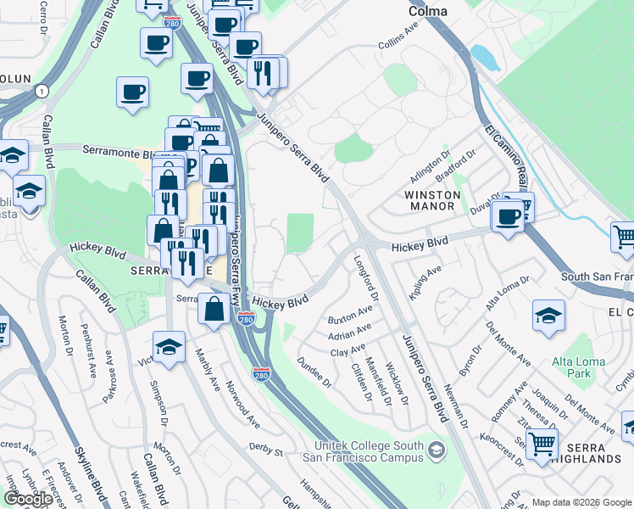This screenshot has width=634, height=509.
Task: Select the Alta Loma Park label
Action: (x=578, y=367)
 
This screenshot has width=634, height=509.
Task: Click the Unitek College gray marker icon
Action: (x=437, y=448)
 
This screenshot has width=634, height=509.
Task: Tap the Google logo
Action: (x=28, y=499)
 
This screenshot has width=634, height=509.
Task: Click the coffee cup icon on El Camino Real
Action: (x=509, y=215)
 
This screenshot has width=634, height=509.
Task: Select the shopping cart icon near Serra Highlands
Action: (x=542, y=442)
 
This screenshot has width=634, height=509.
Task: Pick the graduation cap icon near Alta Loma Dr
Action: (x=548, y=316)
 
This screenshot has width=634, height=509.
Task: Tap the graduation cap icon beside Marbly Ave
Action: (x=169, y=346)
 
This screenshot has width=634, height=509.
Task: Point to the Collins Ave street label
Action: (x=398, y=42)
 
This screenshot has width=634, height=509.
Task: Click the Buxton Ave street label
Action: (x=348, y=318)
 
